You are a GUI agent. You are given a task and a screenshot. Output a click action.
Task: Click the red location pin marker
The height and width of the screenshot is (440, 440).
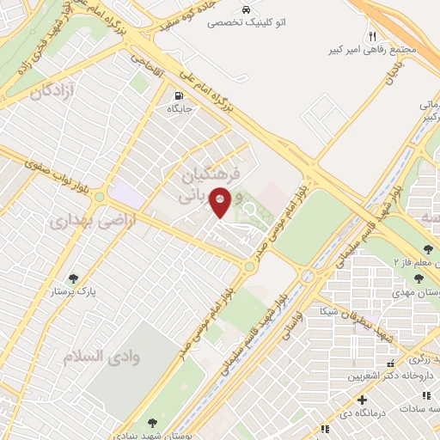220,202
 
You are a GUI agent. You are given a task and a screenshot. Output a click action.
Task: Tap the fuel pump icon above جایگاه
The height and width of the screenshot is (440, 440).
179,96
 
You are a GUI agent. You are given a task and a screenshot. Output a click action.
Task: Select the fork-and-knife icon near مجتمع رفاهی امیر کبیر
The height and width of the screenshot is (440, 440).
372,37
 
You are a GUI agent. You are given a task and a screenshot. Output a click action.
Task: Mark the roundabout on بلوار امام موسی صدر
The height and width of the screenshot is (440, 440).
250,267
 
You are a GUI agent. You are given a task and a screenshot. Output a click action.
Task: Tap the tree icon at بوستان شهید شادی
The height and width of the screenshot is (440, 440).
152,423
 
